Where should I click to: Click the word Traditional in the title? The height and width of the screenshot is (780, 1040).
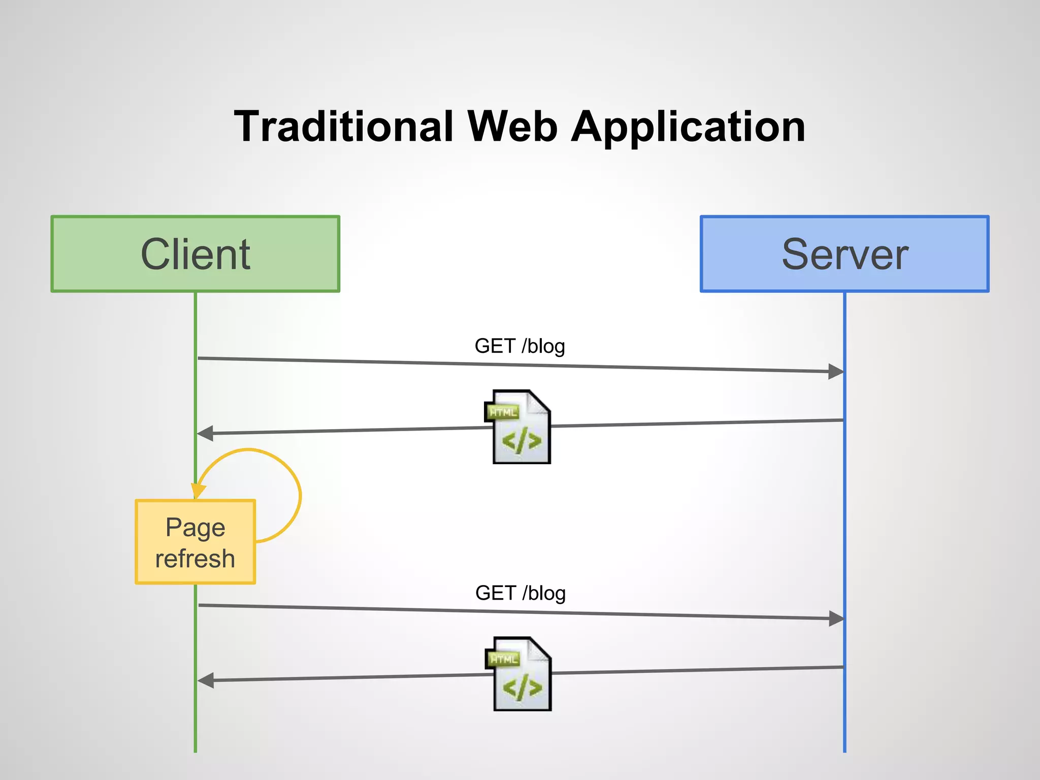pos(343,126)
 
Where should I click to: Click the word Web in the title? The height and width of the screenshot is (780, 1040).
pos(512,126)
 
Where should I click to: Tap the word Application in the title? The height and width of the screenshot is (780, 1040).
pos(688,127)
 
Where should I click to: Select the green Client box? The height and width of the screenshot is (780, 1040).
pos(196,254)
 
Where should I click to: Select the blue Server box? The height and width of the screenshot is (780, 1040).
pos(844,254)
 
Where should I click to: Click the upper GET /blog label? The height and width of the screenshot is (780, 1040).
pos(519,346)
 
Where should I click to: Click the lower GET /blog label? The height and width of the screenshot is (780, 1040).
pos(520,593)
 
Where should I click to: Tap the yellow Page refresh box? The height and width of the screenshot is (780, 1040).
pos(196,542)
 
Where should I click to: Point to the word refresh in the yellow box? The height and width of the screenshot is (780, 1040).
pos(196,559)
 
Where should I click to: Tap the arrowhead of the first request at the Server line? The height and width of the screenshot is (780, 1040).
pos(836,372)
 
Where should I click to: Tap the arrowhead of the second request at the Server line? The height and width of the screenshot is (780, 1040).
pos(836,619)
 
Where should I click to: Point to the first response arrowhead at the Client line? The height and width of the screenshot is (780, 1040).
pos(205,433)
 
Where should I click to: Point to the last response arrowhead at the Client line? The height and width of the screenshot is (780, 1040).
pos(206,680)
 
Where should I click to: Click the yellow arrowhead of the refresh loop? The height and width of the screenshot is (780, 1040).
pos(198,491)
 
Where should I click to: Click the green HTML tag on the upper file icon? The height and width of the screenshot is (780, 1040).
pos(503,412)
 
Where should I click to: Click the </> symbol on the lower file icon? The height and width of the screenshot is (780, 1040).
pos(522,688)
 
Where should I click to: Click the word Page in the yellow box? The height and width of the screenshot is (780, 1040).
pos(196,527)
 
